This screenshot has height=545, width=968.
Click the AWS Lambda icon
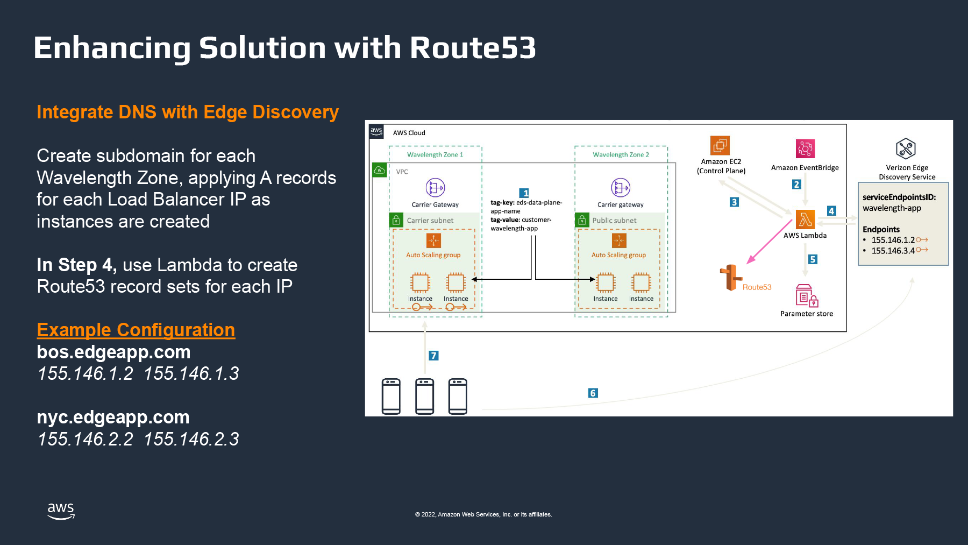pyautogui.click(x=805, y=220)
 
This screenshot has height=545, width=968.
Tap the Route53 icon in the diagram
pyautogui.click(x=730, y=278)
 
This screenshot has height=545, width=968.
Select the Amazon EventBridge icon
pyautogui.click(x=805, y=148)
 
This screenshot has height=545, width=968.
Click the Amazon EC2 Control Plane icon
pyautogui.click(x=720, y=145)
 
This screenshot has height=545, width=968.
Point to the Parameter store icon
pyautogui.click(x=806, y=295)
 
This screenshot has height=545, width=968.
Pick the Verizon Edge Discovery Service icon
pyautogui.click(x=906, y=148)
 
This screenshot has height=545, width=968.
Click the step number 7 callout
pyautogui.click(x=433, y=356)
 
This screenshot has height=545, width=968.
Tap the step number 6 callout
pyautogui.click(x=593, y=393)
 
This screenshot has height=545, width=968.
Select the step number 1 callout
pyautogui.click(x=524, y=193)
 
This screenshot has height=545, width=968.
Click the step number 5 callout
pyautogui.click(x=813, y=259)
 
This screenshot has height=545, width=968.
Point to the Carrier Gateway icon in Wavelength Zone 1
pyautogui.click(x=435, y=188)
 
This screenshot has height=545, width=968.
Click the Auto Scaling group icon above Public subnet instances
pyautogui.click(x=619, y=240)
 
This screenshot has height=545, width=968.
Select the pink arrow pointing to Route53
pyautogui.click(x=770, y=242)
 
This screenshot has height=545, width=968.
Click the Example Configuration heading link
pyautogui.click(x=136, y=330)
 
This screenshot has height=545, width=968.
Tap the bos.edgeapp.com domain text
pyautogui.click(x=113, y=352)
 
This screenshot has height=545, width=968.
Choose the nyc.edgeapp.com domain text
pyautogui.click(x=113, y=417)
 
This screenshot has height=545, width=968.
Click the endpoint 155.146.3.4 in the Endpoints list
pyautogui.click(x=893, y=251)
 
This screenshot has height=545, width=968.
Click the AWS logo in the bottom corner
pyautogui.click(x=61, y=511)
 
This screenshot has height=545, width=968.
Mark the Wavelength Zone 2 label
pyautogui.click(x=621, y=154)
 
